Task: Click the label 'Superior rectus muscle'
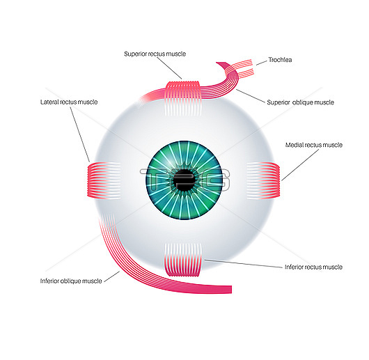155,54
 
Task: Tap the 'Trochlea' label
280,60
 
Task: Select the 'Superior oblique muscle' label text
300,102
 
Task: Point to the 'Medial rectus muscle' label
314,145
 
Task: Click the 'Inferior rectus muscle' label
313,267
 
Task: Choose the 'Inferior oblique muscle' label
71,281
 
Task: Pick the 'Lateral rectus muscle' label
69,102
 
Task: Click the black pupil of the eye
184,180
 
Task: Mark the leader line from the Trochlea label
262,63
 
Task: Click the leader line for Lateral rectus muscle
80,134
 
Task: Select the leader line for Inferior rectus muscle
244,263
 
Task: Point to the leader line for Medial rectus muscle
300,165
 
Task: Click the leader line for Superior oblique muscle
251,96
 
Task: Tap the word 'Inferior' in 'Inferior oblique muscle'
49,281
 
